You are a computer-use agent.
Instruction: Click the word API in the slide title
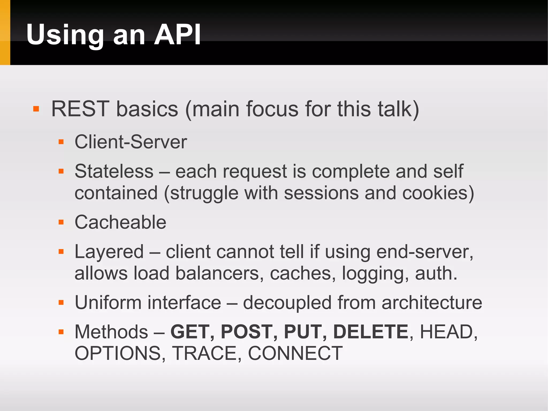(177, 35)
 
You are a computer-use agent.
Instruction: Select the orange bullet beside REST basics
(36, 109)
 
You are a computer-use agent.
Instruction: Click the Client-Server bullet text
(131, 142)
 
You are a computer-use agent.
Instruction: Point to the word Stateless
(114, 171)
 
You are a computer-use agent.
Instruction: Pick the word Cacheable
(120, 222)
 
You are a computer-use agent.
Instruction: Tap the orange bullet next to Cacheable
(61, 222)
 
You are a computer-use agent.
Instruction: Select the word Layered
(109, 252)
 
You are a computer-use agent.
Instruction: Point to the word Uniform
(108, 303)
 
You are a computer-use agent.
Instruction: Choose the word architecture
(432, 303)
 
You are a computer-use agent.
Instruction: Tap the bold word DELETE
(371, 332)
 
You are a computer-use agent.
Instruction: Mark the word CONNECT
(295, 353)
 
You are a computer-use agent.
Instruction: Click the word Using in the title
(65, 35)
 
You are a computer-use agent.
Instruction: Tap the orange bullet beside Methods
(61, 332)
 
